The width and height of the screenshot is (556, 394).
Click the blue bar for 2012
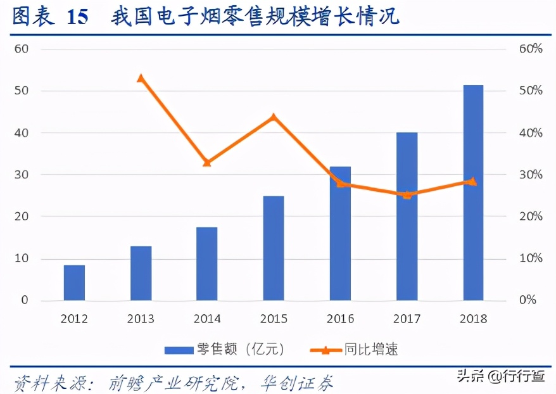click(74, 283)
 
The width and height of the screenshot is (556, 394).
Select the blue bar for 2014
click(207, 264)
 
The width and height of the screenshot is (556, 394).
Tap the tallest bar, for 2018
click(473, 193)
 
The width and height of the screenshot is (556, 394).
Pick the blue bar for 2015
click(274, 248)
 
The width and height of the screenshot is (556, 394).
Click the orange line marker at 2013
click(141, 79)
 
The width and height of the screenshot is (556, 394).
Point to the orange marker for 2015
click(274, 117)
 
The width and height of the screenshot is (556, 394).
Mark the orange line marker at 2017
click(407, 194)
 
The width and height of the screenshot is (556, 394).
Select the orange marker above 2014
click(207, 163)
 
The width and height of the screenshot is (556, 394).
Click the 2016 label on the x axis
click(340, 319)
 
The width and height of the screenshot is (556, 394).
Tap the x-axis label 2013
click(141, 319)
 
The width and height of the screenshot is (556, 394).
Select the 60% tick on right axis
click(531, 49)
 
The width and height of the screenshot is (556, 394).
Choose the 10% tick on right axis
click(531, 258)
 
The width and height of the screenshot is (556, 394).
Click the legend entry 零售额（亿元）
click(225, 349)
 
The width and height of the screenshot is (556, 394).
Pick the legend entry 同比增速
click(355, 349)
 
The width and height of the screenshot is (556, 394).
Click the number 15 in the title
click(77, 17)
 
